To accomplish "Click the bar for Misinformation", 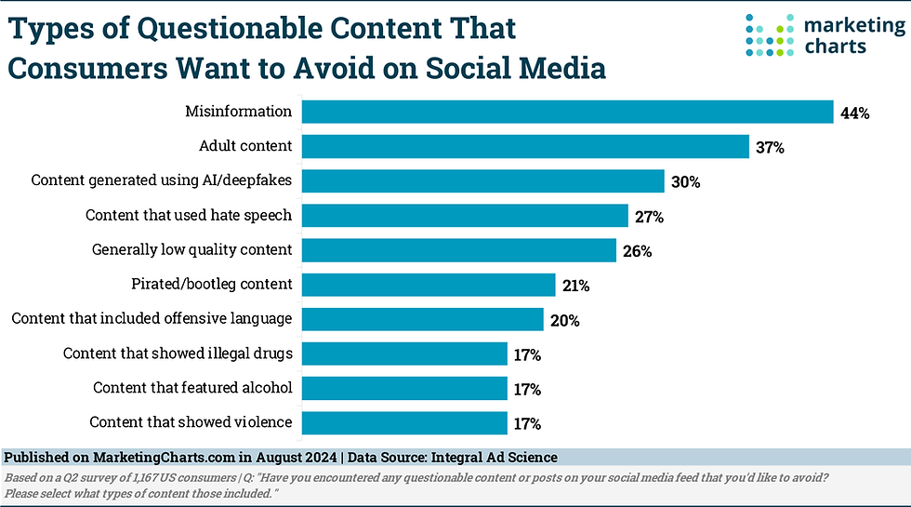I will (567, 113).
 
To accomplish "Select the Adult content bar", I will (526, 147).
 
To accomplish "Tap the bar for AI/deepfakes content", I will (483, 181).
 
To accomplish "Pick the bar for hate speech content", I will (466, 216).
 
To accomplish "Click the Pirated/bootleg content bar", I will (429, 285).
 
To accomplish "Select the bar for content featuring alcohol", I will (404, 388).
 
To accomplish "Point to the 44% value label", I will (854, 113).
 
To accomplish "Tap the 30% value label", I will (686, 182).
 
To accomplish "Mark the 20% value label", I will (565, 320).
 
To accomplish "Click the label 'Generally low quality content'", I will (192, 249).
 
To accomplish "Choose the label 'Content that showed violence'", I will (191, 422).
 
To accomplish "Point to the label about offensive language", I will (152, 318).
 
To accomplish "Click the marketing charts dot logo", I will (769, 34).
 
